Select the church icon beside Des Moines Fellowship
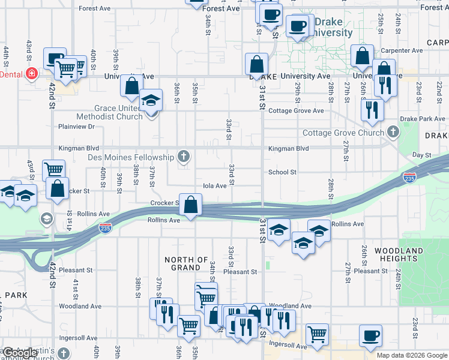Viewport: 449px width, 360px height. (184, 157)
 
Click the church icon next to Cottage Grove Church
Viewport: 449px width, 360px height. (393, 132)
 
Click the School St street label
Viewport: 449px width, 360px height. (282, 172)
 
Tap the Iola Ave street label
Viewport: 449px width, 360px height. (214, 186)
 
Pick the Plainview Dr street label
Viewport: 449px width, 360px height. (77, 127)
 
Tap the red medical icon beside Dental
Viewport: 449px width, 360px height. (32, 74)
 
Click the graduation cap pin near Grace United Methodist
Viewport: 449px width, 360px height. (151, 100)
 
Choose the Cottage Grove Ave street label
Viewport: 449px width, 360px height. (296, 111)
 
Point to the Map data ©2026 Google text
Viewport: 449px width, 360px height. (412, 355)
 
